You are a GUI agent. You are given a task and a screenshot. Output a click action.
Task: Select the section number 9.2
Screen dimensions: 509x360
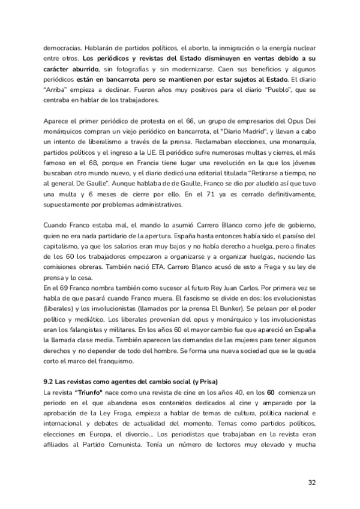(50, 382)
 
